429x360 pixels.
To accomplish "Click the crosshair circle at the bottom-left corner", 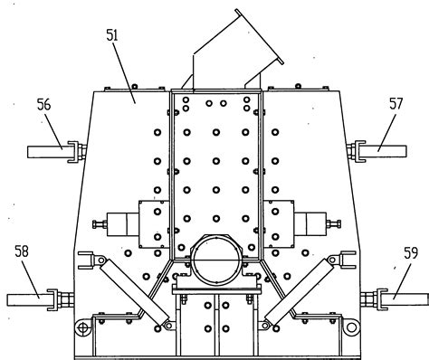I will (82, 327).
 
